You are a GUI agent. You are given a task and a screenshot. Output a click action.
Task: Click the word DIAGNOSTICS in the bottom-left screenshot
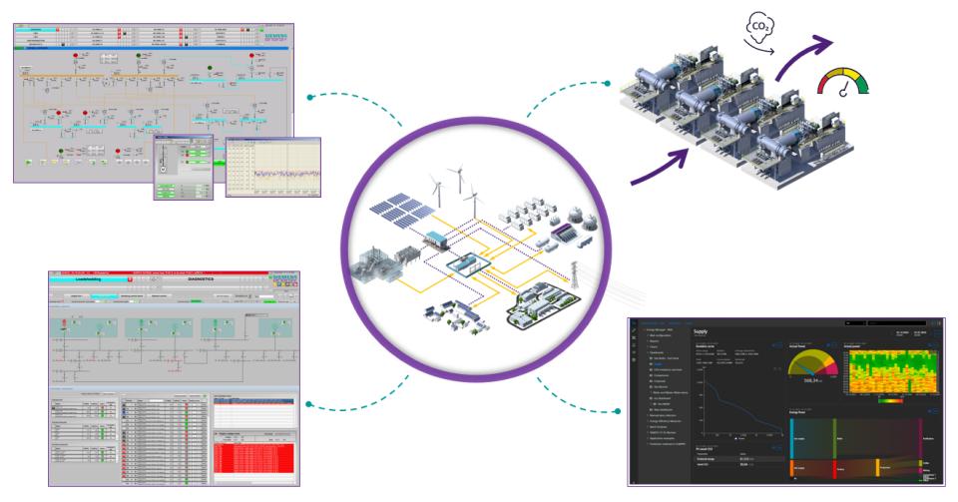click(x=208, y=281)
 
